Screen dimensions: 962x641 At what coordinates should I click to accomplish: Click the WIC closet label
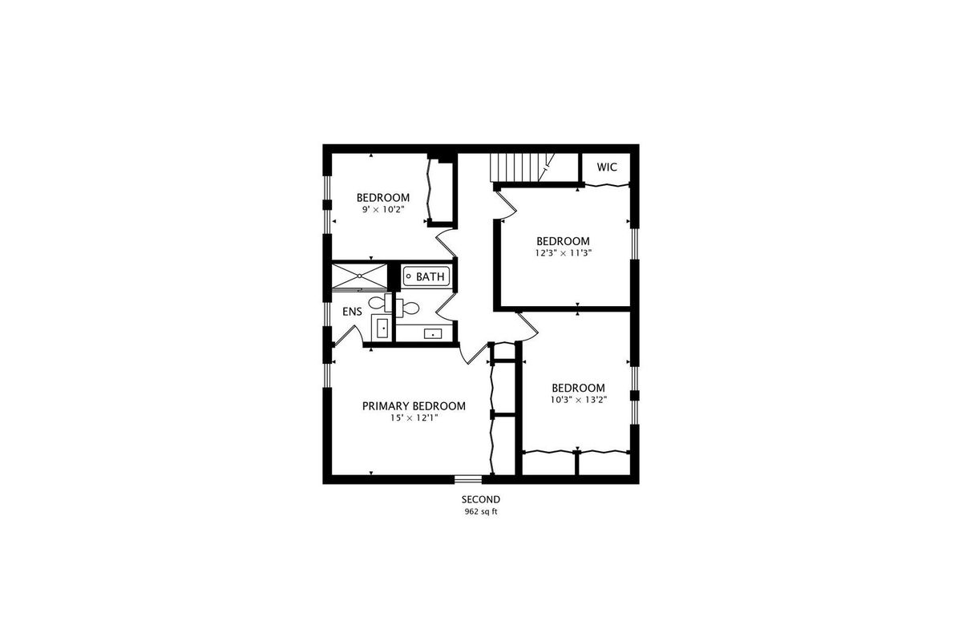tap(607, 167)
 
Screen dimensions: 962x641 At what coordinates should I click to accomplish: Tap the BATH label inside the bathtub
tap(430, 277)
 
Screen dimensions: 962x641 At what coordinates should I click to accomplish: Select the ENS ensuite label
tap(352, 312)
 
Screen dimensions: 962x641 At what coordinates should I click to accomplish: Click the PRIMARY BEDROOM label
tap(414, 405)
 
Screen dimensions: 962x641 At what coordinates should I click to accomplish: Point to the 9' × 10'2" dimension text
tap(383, 210)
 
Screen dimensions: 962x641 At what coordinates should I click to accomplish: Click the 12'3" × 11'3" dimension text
tap(563, 253)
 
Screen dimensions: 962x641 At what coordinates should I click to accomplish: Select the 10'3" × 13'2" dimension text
tap(579, 400)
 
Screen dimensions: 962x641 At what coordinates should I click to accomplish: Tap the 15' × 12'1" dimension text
tap(414, 417)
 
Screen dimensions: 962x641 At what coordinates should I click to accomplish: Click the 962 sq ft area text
tap(481, 512)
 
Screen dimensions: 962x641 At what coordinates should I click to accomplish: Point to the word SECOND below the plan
tap(481, 499)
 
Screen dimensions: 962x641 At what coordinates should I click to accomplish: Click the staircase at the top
tap(522, 167)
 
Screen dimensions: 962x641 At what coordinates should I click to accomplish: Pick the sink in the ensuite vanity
tap(382, 329)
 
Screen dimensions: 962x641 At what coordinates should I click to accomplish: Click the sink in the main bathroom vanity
tap(433, 333)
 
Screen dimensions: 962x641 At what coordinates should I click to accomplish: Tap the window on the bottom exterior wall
tap(468, 479)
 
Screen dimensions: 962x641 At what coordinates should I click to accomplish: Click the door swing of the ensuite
tap(348, 334)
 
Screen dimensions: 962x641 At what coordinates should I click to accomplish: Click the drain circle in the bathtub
tap(409, 276)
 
